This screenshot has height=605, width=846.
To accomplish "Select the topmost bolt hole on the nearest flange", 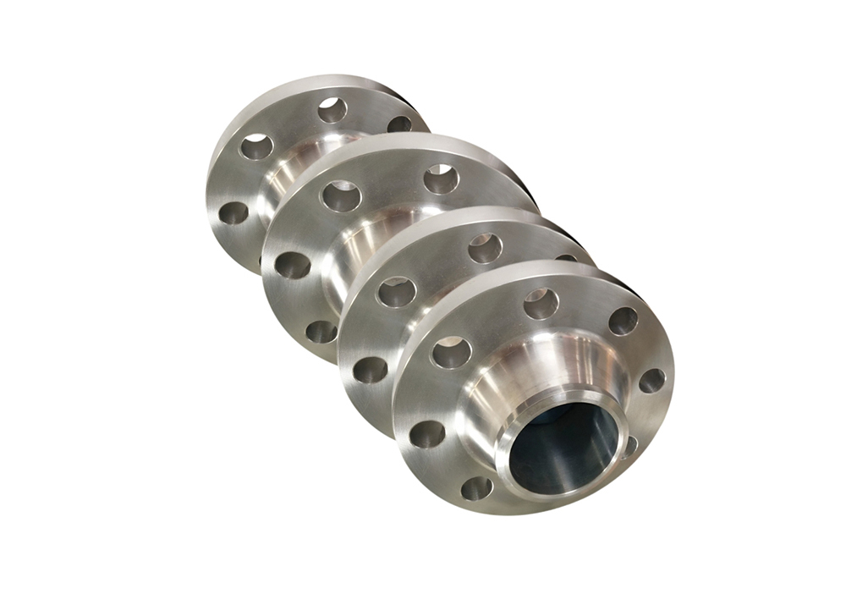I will [541, 303].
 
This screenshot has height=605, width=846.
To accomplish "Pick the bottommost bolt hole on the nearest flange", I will [476, 487].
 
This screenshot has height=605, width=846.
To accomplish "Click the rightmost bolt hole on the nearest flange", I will [651, 381].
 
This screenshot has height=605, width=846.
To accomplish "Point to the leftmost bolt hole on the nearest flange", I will [427, 434].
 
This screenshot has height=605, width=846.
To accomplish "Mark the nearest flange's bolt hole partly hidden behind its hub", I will [629, 446].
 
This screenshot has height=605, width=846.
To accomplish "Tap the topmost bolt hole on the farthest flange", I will [332, 109].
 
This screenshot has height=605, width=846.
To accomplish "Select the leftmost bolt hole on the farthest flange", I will [233, 212].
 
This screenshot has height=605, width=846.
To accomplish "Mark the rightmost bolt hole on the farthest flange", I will [399, 124].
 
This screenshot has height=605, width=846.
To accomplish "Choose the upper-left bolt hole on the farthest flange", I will [255, 147].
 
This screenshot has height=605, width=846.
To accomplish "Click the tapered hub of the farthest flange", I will [292, 169].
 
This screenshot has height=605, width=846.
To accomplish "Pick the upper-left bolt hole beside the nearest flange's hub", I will [451, 352].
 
